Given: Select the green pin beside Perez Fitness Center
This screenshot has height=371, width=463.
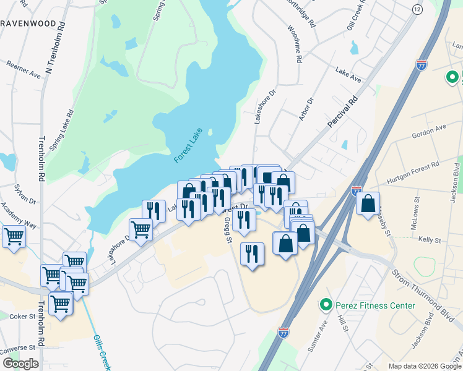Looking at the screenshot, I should (x=325, y=305).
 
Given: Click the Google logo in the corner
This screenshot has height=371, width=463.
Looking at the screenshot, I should (x=20, y=363).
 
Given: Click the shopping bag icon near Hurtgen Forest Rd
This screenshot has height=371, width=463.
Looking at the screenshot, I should (x=368, y=203).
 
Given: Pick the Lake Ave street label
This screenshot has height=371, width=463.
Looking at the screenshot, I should (x=348, y=75).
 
